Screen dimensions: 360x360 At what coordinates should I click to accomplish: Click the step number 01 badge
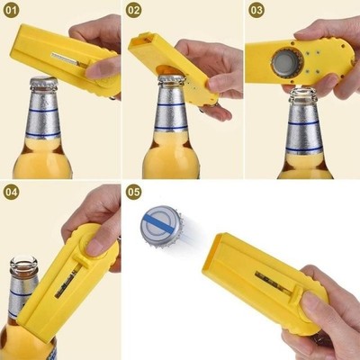tap(13, 11)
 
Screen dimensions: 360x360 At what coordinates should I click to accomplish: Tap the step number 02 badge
tap(134, 11)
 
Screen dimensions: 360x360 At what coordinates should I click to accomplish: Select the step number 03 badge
tap(256, 11)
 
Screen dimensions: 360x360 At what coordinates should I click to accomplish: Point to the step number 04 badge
tap(13, 192)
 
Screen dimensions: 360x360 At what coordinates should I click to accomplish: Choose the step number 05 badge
tap(134, 192)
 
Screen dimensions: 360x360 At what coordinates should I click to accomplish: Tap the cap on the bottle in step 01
tap(42, 84)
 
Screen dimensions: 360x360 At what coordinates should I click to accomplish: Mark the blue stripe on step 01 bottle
tap(42, 137)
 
